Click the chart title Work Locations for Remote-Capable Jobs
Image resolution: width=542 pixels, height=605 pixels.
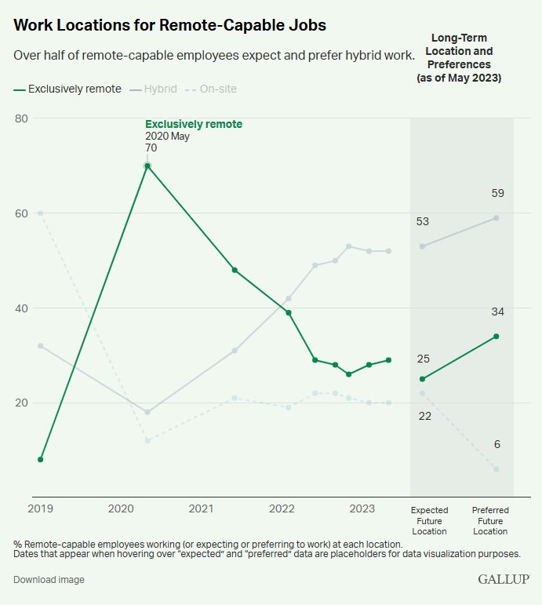169,25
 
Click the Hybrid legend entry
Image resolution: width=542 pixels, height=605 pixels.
160,89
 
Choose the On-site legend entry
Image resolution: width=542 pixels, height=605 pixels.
217,89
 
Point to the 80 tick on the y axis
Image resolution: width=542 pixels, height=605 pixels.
21,118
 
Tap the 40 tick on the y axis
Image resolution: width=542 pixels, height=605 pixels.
21,308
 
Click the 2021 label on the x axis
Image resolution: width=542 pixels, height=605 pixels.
201,509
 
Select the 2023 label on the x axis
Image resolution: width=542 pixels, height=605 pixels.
362,509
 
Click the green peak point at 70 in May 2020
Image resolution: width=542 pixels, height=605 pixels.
147,166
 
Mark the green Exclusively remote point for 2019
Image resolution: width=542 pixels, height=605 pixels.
40,459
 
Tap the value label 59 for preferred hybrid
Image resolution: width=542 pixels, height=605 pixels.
497,193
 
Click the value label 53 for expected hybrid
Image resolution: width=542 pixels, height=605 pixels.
423,222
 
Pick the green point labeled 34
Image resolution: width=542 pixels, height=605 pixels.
496,337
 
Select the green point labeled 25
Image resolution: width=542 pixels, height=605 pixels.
422,379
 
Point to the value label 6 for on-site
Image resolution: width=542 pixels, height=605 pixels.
497,445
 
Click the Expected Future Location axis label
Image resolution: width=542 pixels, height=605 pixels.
429,520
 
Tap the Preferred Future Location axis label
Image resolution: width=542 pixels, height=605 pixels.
490,520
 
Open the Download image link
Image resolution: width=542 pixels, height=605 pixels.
49,580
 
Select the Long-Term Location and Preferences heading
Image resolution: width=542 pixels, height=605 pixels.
459,58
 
